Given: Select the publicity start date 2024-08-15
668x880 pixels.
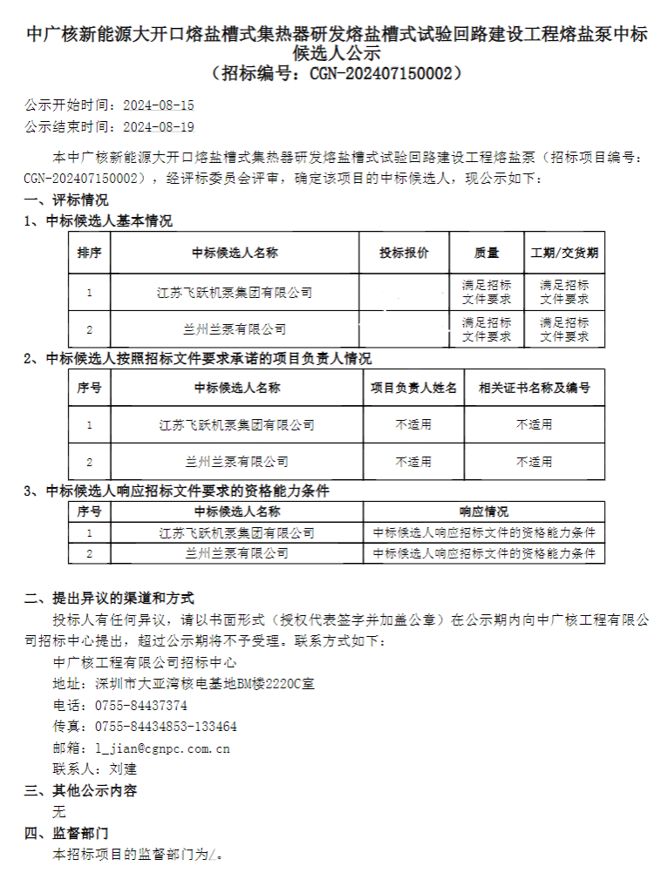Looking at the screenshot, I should (x=159, y=105).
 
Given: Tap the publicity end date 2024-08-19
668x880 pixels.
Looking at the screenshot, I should (x=159, y=126).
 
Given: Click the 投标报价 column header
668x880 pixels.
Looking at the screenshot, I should (x=404, y=253).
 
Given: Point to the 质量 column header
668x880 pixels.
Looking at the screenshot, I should (x=487, y=253).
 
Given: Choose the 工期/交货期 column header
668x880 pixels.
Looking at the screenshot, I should (x=564, y=253).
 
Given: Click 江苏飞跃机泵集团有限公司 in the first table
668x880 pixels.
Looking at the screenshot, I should (x=235, y=293).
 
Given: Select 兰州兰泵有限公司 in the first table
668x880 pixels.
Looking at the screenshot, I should (x=235, y=329).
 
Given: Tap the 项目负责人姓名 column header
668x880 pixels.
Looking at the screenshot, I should (x=413, y=388).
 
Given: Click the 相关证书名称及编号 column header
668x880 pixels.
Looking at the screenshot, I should (x=534, y=388).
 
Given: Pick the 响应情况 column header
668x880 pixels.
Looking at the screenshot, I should (x=484, y=511).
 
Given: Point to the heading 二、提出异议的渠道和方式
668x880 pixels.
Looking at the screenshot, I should (x=109, y=599).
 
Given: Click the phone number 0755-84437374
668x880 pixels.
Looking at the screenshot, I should (x=140, y=705).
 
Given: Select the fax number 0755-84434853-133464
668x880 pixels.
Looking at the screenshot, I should (x=166, y=726).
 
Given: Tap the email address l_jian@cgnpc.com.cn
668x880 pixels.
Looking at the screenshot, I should (x=162, y=748).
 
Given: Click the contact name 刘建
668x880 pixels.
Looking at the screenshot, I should (x=123, y=768).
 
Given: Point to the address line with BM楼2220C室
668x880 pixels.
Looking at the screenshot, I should (x=183, y=684).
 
